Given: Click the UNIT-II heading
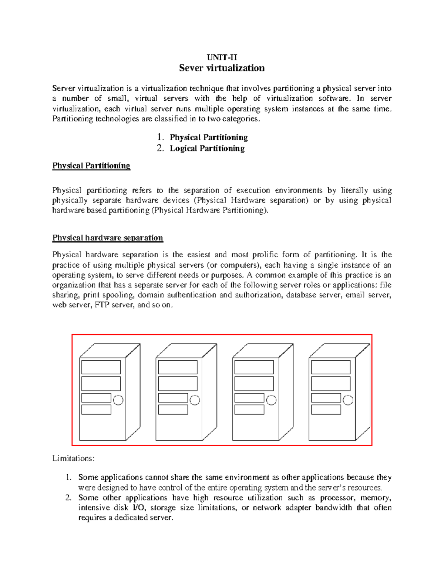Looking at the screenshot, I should [222, 57].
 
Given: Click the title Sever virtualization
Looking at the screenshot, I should [222, 68].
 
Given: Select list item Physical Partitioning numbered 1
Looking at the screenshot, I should [208, 137].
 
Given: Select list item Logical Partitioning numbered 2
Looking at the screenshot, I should [207, 148].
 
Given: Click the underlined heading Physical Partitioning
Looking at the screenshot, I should [91, 166].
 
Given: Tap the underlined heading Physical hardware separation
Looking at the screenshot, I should [108, 238].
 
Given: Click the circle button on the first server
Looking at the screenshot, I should [118, 400].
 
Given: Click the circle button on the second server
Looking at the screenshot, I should [195, 400].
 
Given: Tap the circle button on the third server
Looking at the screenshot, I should [271, 400].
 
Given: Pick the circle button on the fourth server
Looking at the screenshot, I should [348, 400].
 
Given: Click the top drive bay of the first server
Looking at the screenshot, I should [101, 367].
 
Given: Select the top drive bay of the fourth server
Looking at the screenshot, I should [331, 367].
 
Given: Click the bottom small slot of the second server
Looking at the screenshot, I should [173, 409].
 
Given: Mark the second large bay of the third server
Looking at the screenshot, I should [254, 384].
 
